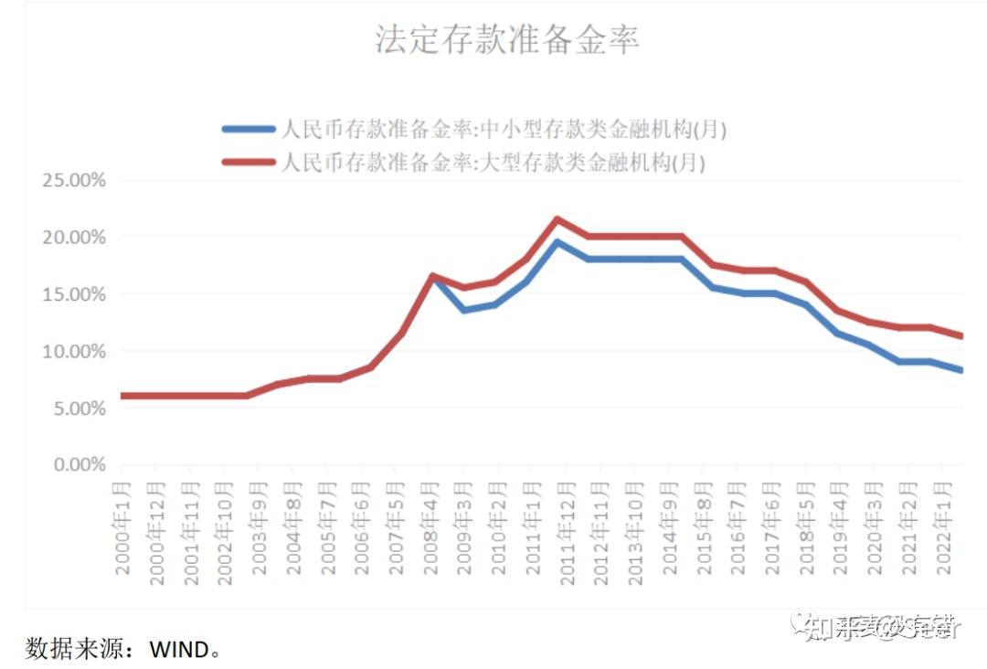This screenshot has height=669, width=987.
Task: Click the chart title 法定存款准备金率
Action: (506, 40)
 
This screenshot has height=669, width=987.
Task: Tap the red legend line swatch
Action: (248, 164)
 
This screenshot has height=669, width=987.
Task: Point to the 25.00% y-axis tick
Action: (74, 180)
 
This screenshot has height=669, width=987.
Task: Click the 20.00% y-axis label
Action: (74, 238)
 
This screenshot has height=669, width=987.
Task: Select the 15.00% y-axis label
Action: (74, 294)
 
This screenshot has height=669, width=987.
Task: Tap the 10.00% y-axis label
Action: (74, 351)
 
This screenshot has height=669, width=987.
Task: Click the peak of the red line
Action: (557, 219)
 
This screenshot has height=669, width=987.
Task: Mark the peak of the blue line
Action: (557, 242)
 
